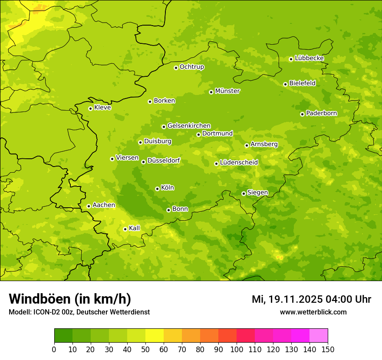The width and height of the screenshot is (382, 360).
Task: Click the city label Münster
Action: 227,91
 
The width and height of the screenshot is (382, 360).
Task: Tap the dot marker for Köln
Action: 157,189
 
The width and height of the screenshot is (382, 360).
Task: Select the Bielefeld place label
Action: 302,83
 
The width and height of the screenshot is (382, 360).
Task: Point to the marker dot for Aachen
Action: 89,206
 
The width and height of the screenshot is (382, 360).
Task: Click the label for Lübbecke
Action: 309,58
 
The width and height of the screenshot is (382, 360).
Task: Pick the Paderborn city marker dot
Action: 302,114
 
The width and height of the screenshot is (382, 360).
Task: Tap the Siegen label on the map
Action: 257,193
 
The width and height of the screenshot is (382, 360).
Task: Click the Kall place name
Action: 135,228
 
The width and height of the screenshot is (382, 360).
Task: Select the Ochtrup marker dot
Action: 176,68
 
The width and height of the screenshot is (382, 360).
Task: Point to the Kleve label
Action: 102,108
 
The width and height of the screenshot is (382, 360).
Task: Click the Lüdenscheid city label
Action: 239,163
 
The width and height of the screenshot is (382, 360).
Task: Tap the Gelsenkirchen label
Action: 189,126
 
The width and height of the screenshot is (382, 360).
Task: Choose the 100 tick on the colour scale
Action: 237,349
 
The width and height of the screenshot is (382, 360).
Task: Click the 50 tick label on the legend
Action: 145,349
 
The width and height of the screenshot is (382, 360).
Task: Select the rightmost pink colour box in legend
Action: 319,335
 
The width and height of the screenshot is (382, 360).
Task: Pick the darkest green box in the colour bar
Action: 63,335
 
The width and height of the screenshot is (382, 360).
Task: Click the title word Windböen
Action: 39,299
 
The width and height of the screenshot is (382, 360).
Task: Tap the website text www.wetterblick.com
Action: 313,312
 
